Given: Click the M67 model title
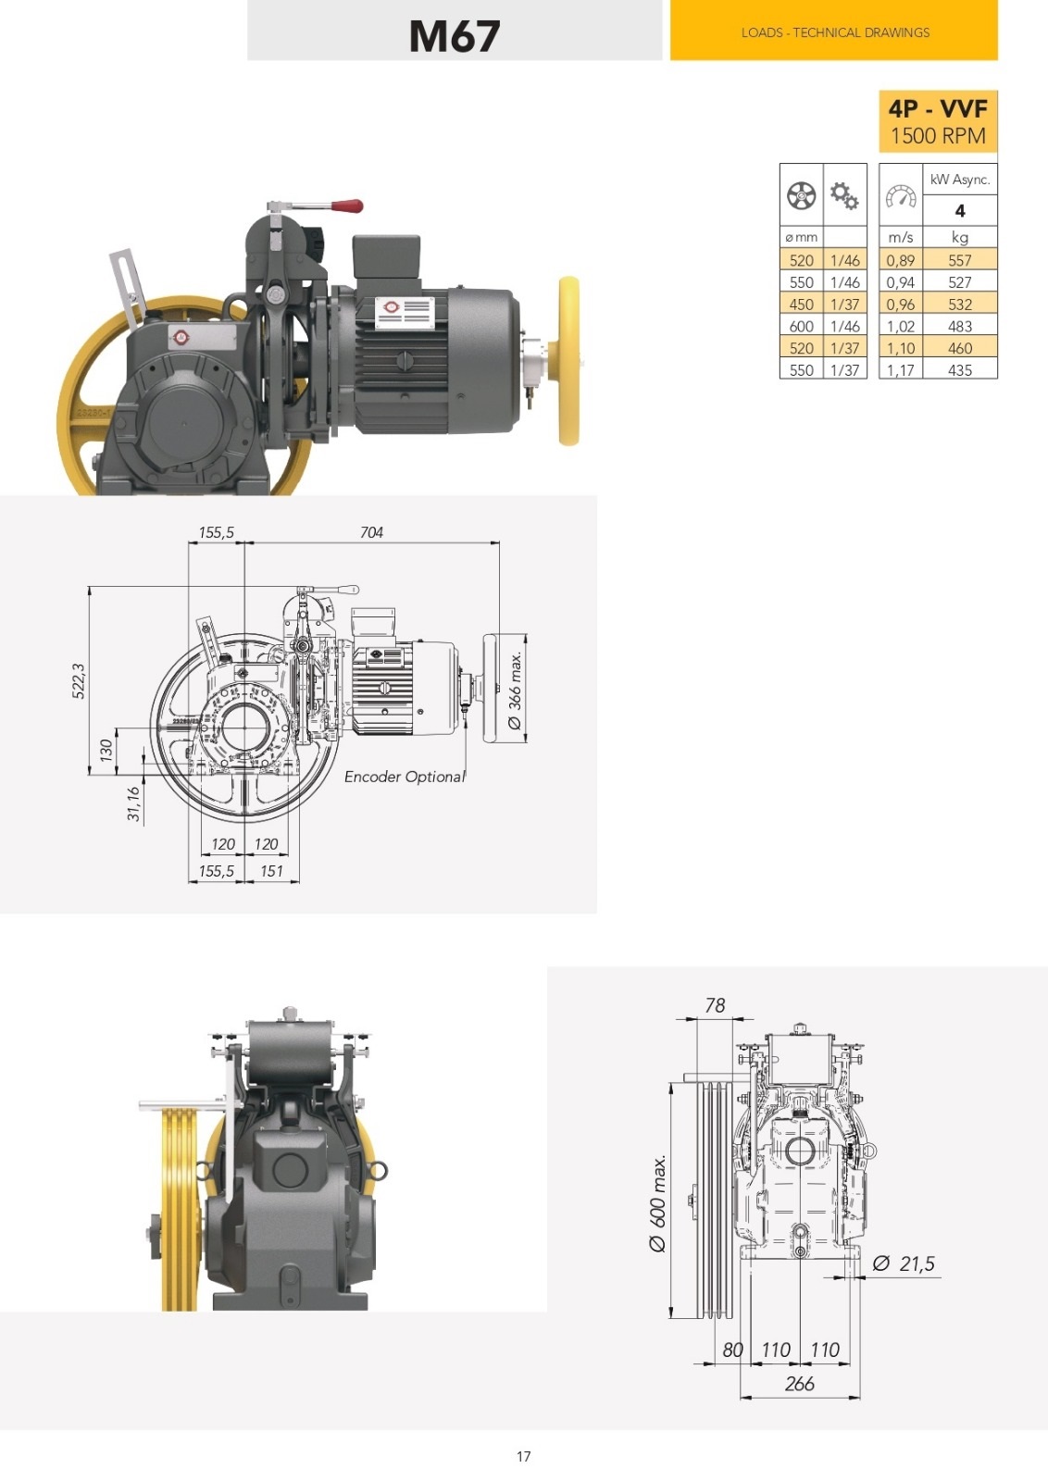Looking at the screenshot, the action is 455,36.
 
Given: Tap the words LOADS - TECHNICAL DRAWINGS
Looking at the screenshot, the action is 835,32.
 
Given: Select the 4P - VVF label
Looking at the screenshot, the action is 938,108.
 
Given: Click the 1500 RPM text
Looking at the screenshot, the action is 938,136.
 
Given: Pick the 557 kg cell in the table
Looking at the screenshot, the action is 959,260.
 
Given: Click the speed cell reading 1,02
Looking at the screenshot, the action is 900,326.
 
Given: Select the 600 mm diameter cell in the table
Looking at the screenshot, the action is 802,326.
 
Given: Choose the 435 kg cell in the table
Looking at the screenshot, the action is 959,370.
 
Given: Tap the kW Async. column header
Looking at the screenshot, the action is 959,180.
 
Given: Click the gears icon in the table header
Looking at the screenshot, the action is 844,195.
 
